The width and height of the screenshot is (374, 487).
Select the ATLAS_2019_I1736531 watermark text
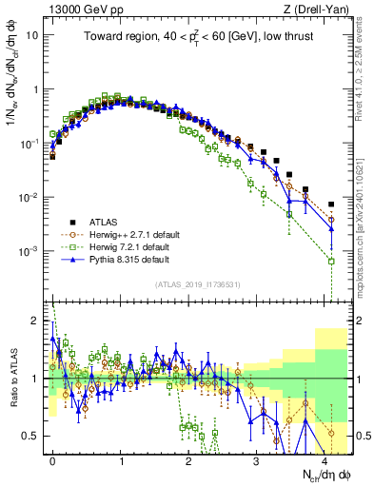click(197, 284)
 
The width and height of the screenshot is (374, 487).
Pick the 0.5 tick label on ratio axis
click(30, 436)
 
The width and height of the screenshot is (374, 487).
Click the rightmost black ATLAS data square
click(331, 204)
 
